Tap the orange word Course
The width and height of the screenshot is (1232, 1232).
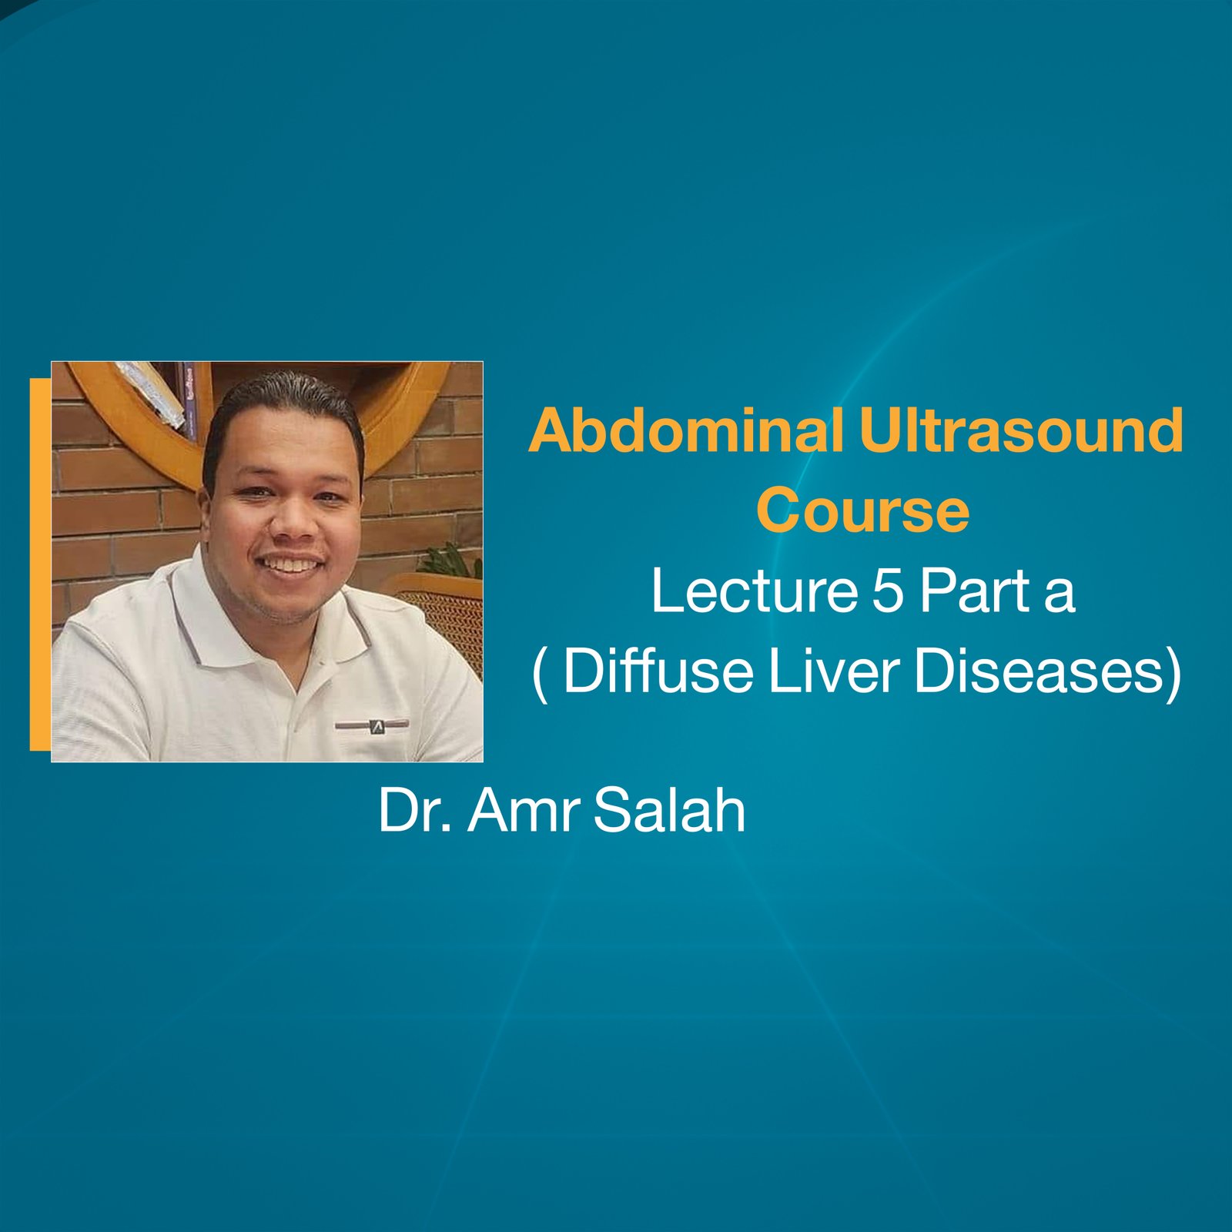pyautogui.click(x=862, y=511)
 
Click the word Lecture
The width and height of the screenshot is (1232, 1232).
pyautogui.click(x=754, y=591)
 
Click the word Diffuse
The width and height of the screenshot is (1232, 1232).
pyautogui.click(x=658, y=671)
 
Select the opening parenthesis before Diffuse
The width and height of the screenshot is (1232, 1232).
pyautogui.click(x=541, y=674)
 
